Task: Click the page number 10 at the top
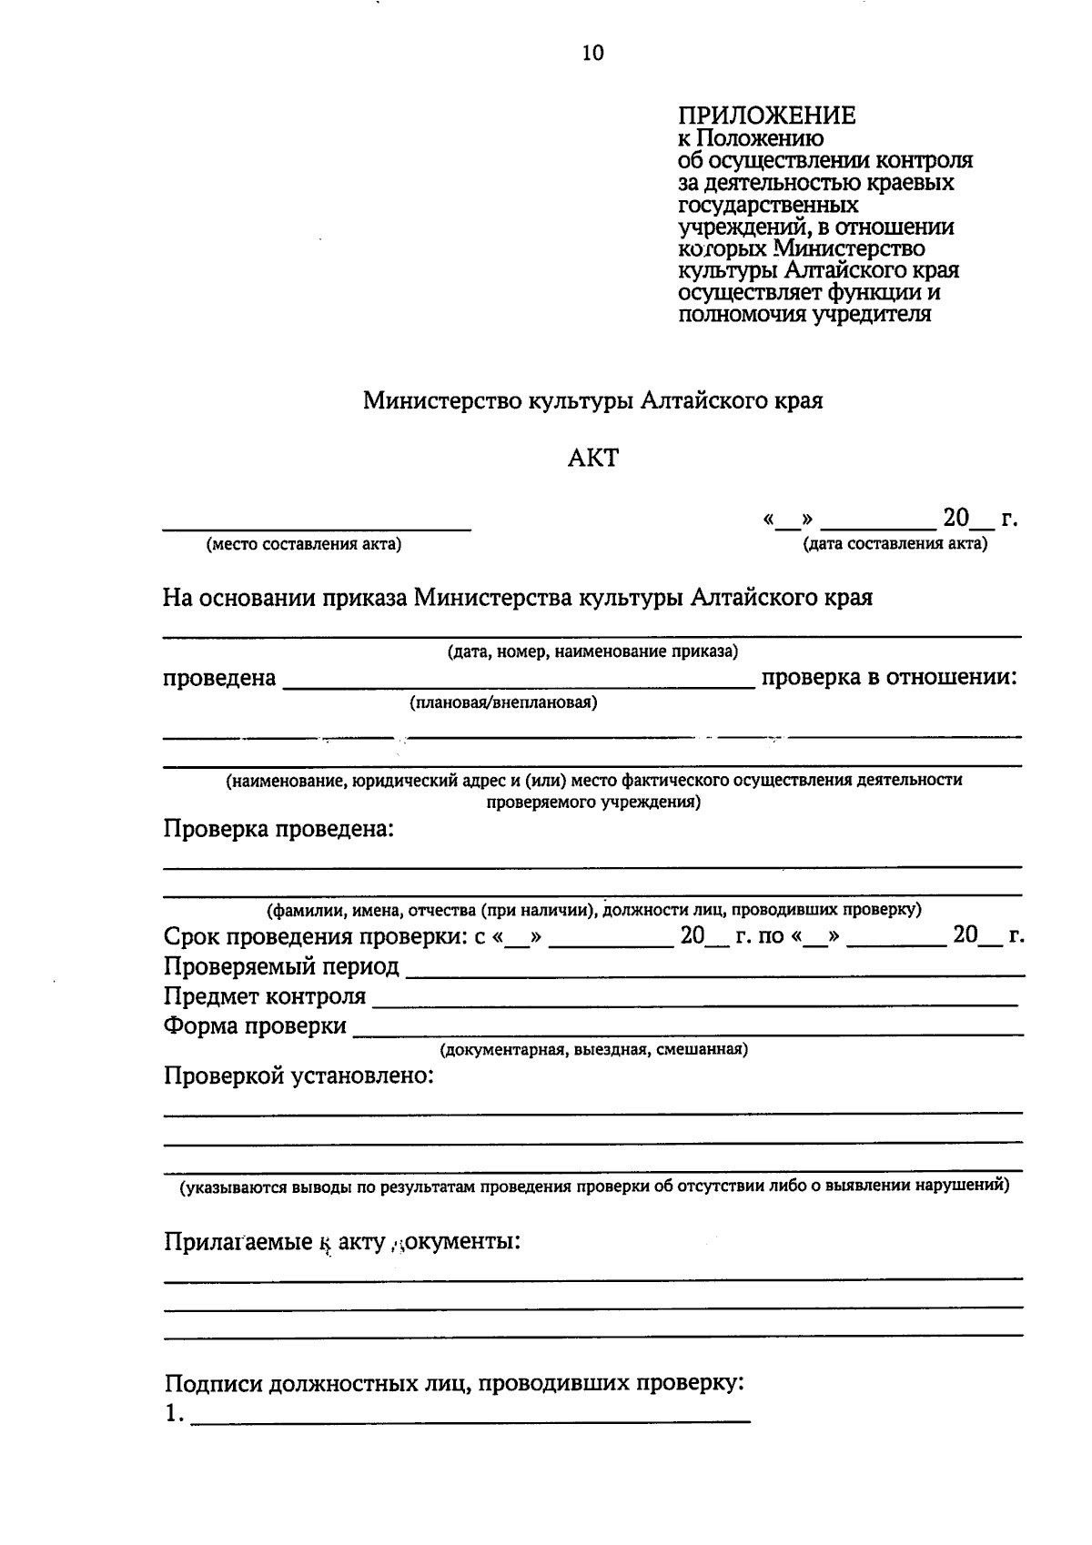[592, 53]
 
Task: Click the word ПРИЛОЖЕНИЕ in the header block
[766, 116]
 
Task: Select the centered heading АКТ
[592, 458]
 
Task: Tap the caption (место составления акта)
[305, 545]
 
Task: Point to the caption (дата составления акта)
[895, 545]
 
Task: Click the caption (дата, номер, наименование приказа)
[592, 651]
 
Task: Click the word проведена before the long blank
[219, 679]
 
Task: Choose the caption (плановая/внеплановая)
[503, 702]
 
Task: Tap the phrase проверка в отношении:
[888, 678]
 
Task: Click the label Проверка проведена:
[278, 830]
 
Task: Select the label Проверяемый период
[281, 966]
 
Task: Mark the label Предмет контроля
[265, 996]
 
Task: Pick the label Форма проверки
[255, 1026]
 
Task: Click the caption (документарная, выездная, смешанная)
[593, 1050]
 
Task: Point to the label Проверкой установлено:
[298, 1076]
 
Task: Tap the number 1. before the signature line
[174, 1416]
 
